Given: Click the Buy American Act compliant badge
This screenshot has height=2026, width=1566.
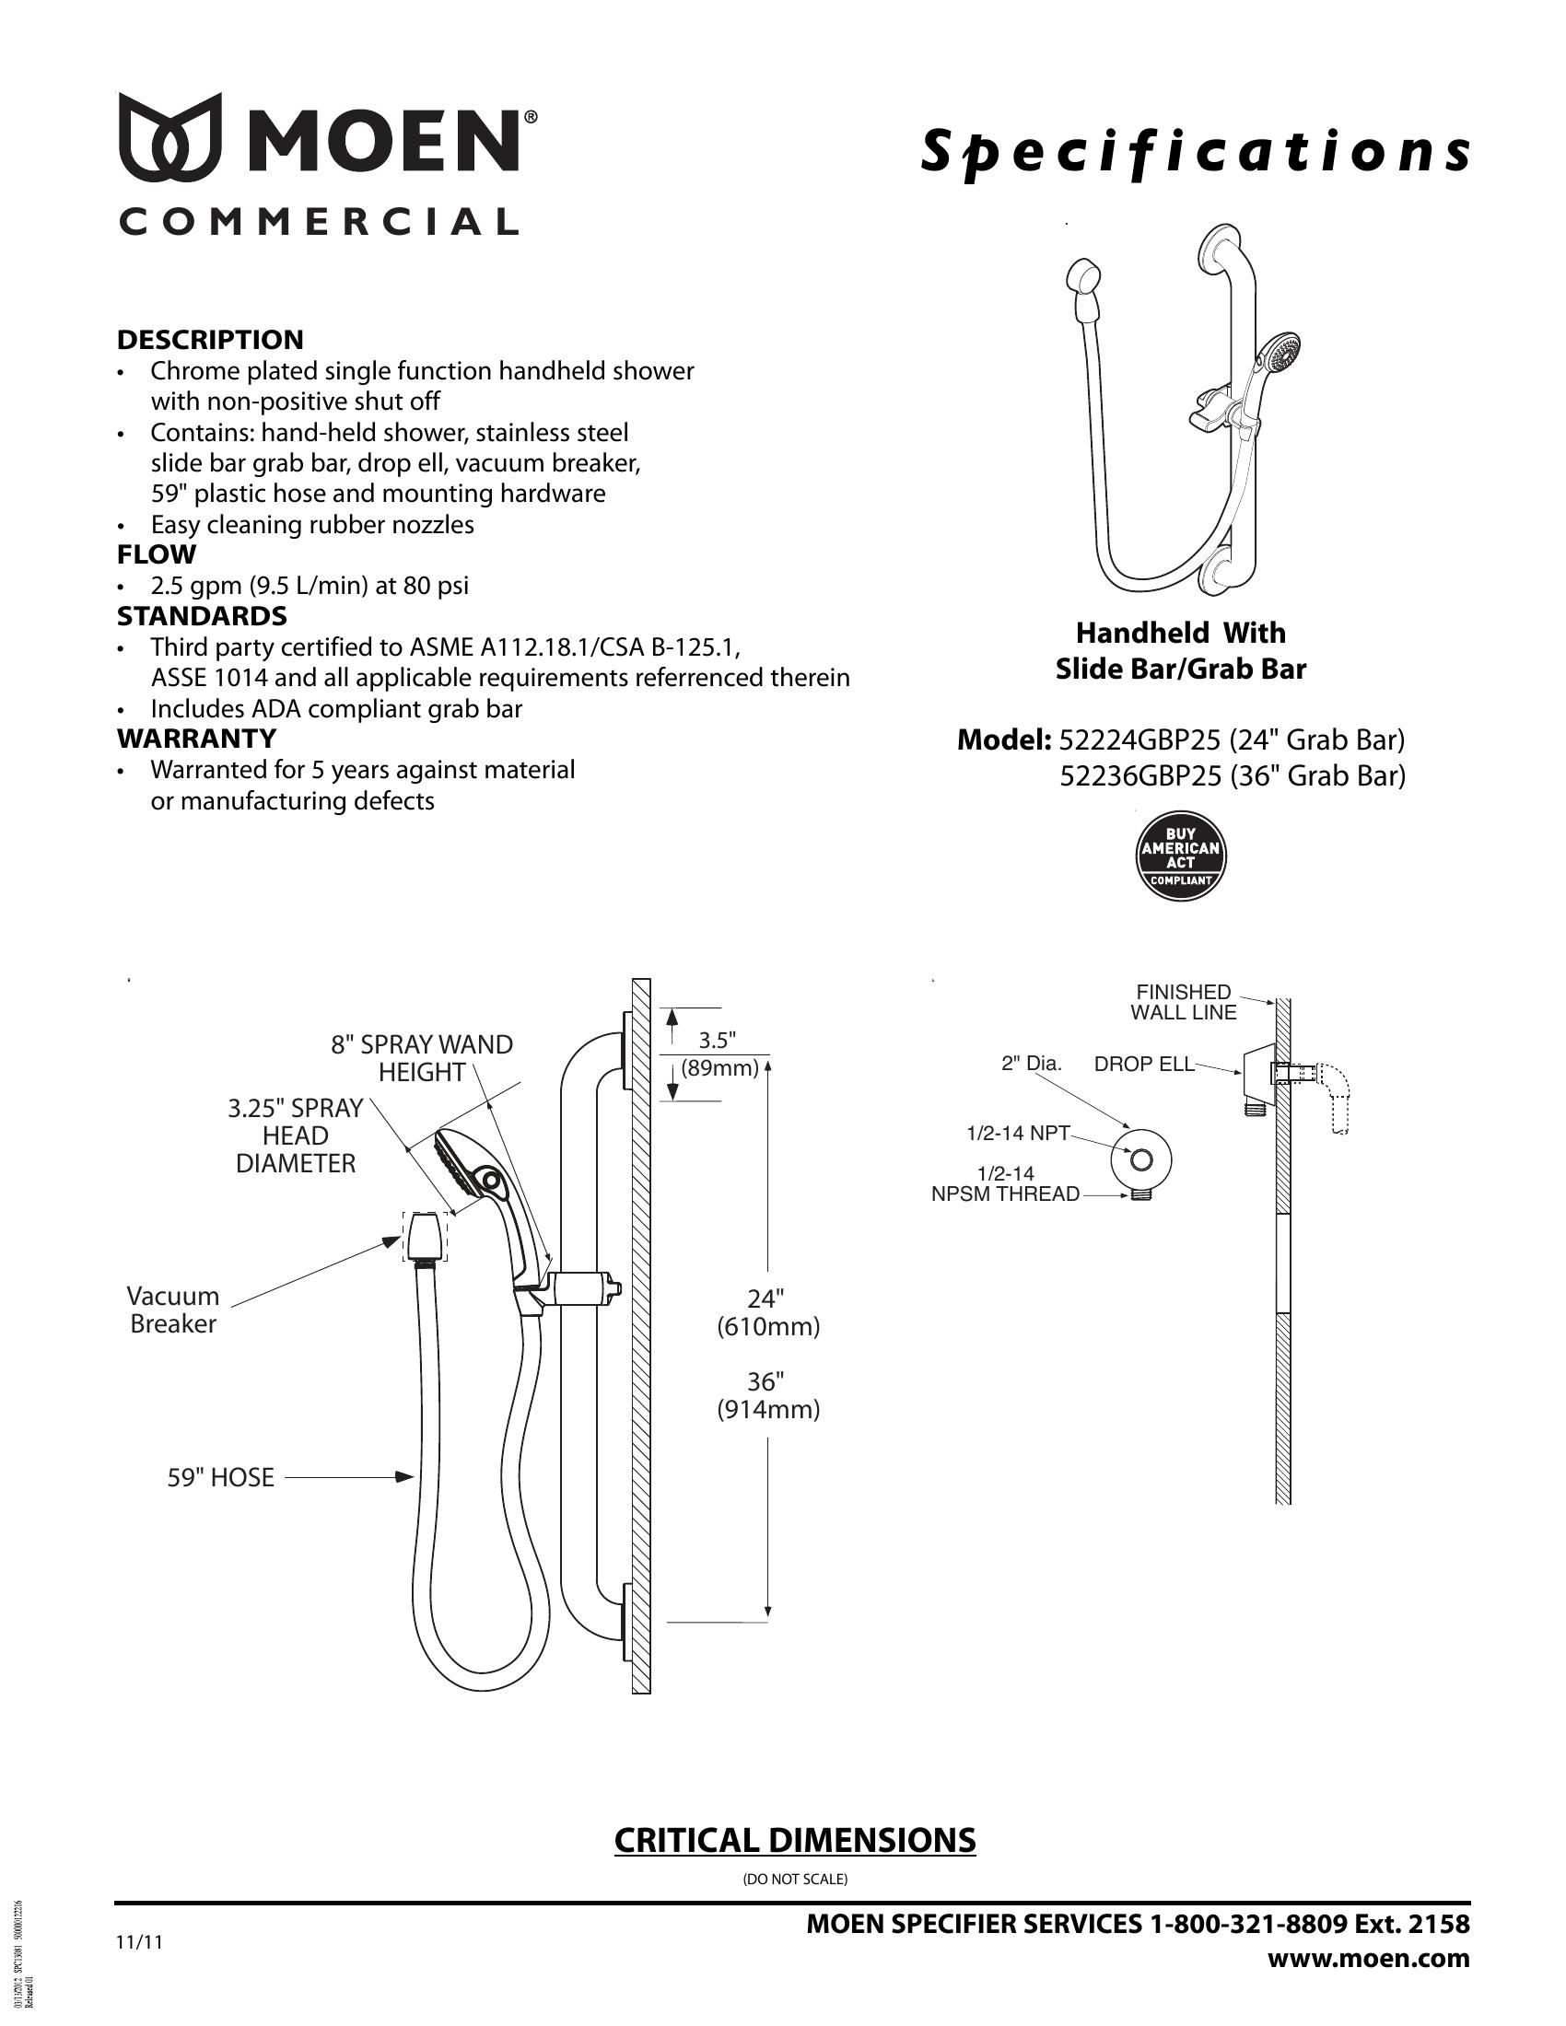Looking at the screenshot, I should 1180,856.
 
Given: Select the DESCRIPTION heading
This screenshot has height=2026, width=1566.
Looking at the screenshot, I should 210,340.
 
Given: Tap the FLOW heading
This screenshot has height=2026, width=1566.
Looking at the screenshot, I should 156,554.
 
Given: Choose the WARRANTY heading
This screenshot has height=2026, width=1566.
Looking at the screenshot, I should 197,739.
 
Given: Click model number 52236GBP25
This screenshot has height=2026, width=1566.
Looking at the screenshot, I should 1140,775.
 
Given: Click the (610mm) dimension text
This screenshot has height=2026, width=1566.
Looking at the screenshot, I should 768,1327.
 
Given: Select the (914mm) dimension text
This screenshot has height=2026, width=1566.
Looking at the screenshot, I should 768,1410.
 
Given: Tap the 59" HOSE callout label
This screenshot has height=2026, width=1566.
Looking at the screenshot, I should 221,1478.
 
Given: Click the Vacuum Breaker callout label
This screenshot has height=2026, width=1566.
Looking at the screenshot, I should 173,1310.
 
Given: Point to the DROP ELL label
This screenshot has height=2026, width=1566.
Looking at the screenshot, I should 1144,1064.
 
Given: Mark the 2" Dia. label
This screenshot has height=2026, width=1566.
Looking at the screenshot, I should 1031,1064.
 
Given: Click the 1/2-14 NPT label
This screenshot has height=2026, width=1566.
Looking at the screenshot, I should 1018,1133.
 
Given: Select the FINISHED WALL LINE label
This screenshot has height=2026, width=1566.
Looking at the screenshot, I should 1183,1002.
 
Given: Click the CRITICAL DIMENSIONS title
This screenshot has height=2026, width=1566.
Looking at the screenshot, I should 795,1841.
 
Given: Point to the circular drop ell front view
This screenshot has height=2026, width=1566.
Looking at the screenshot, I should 1141,1159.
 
